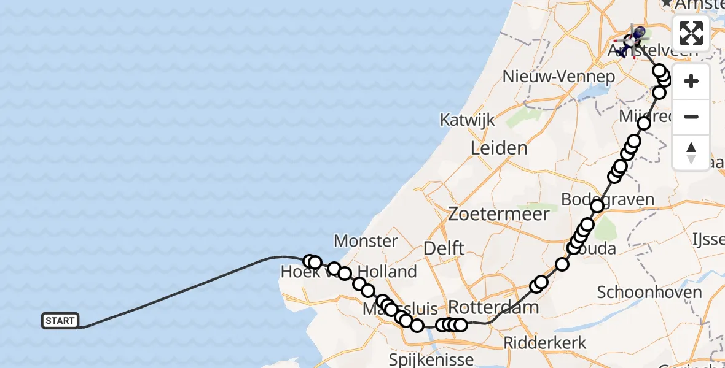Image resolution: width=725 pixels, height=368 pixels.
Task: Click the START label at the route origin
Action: click(x=60, y=321)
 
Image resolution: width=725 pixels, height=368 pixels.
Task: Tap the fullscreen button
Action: click(x=691, y=33)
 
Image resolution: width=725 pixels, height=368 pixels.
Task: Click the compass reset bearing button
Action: click(x=691, y=152)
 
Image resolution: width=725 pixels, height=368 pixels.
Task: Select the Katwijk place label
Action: click(x=468, y=120)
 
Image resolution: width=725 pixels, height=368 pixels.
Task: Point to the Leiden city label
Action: click(x=499, y=148)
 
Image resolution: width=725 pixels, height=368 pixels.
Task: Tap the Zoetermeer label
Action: click(x=498, y=214)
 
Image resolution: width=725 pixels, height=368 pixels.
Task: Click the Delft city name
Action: click(x=444, y=248)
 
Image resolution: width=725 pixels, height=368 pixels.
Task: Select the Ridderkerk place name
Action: click(x=546, y=342)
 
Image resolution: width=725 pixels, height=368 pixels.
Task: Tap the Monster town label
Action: click(x=366, y=240)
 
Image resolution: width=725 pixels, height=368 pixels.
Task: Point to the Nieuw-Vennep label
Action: click(x=558, y=77)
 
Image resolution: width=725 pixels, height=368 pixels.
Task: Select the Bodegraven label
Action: click(x=608, y=199)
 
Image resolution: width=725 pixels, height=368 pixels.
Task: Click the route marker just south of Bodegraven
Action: click(x=597, y=206)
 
